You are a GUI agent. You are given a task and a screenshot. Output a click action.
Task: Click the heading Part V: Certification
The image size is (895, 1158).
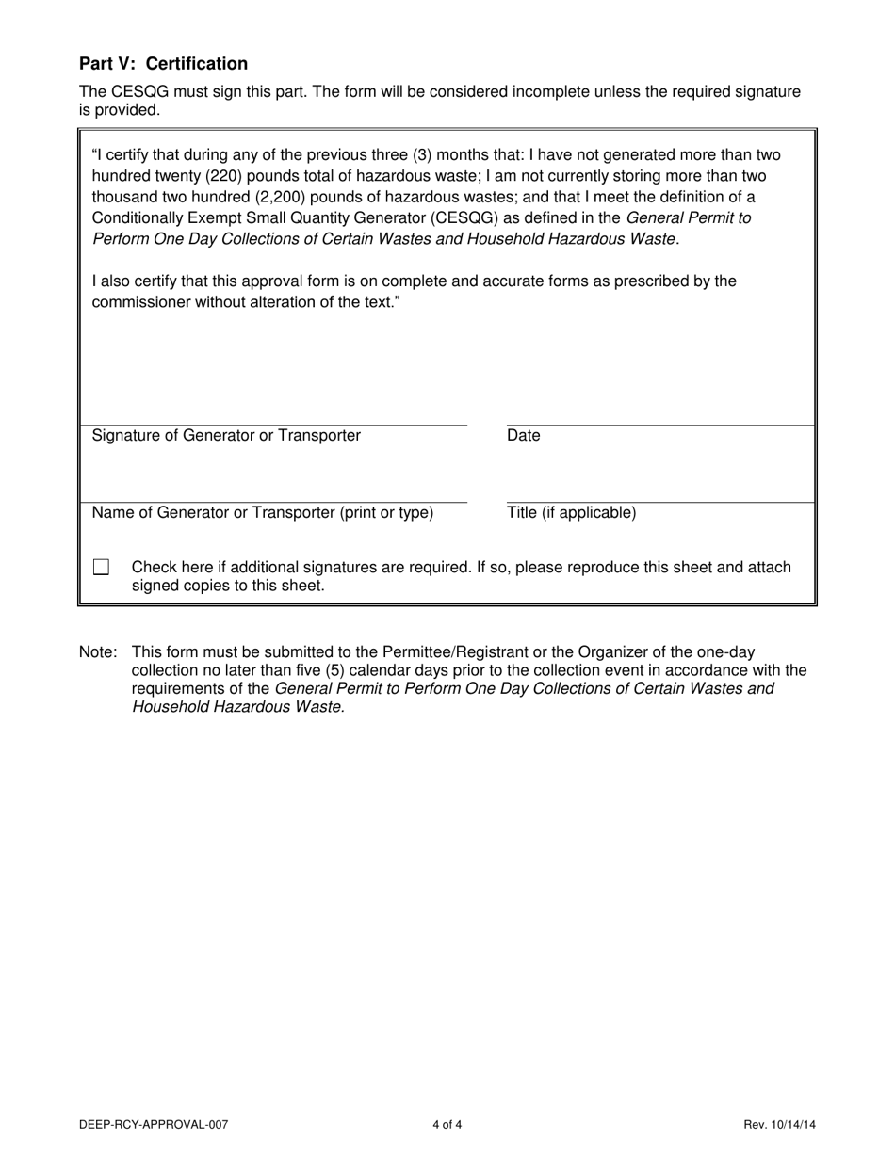tap(163, 64)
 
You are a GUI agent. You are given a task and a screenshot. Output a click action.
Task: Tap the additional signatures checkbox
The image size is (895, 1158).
tap(101, 568)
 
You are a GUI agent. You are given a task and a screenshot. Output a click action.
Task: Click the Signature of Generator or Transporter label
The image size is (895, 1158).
tap(226, 436)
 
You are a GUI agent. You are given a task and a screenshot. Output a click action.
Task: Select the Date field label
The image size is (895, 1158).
tap(524, 436)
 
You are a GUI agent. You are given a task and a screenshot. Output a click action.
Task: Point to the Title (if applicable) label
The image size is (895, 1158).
tap(571, 513)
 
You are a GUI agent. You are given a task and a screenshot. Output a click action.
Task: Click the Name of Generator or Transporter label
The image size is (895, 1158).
tap(263, 513)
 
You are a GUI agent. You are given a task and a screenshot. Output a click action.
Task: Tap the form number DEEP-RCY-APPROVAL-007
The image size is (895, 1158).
tap(154, 1124)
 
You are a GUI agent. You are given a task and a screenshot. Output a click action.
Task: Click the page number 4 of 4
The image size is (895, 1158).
tap(447, 1124)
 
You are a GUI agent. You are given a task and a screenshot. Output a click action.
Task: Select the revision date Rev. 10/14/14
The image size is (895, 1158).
tap(779, 1124)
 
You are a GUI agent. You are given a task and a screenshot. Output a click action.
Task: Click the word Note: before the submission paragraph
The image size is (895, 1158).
tap(98, 652)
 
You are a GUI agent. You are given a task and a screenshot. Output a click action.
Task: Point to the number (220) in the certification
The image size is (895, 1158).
tap(210, 176)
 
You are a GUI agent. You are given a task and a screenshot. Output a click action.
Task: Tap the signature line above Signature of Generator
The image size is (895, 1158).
tap(273, 426)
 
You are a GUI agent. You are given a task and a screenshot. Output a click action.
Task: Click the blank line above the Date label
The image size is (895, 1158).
tap(659, 426)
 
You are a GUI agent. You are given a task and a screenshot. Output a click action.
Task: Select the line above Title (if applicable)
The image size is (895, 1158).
tap(659, 503)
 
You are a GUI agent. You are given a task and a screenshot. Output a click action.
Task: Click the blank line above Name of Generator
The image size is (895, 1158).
tap(273, 503)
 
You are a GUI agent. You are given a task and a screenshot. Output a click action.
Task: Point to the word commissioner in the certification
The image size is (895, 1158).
tap(139, 302)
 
